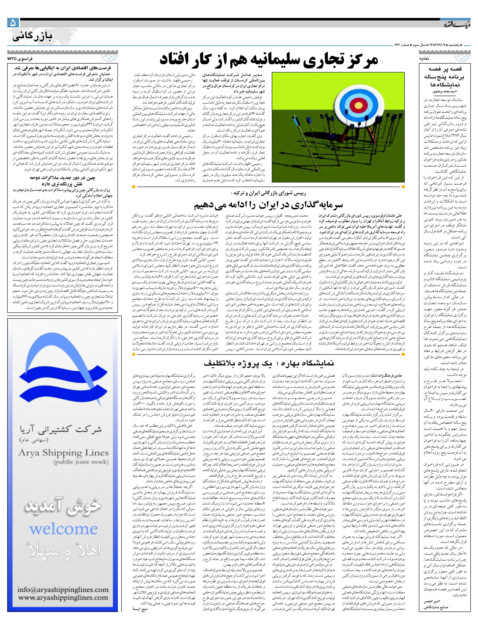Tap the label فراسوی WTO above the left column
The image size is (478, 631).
[x=20, y=58]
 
